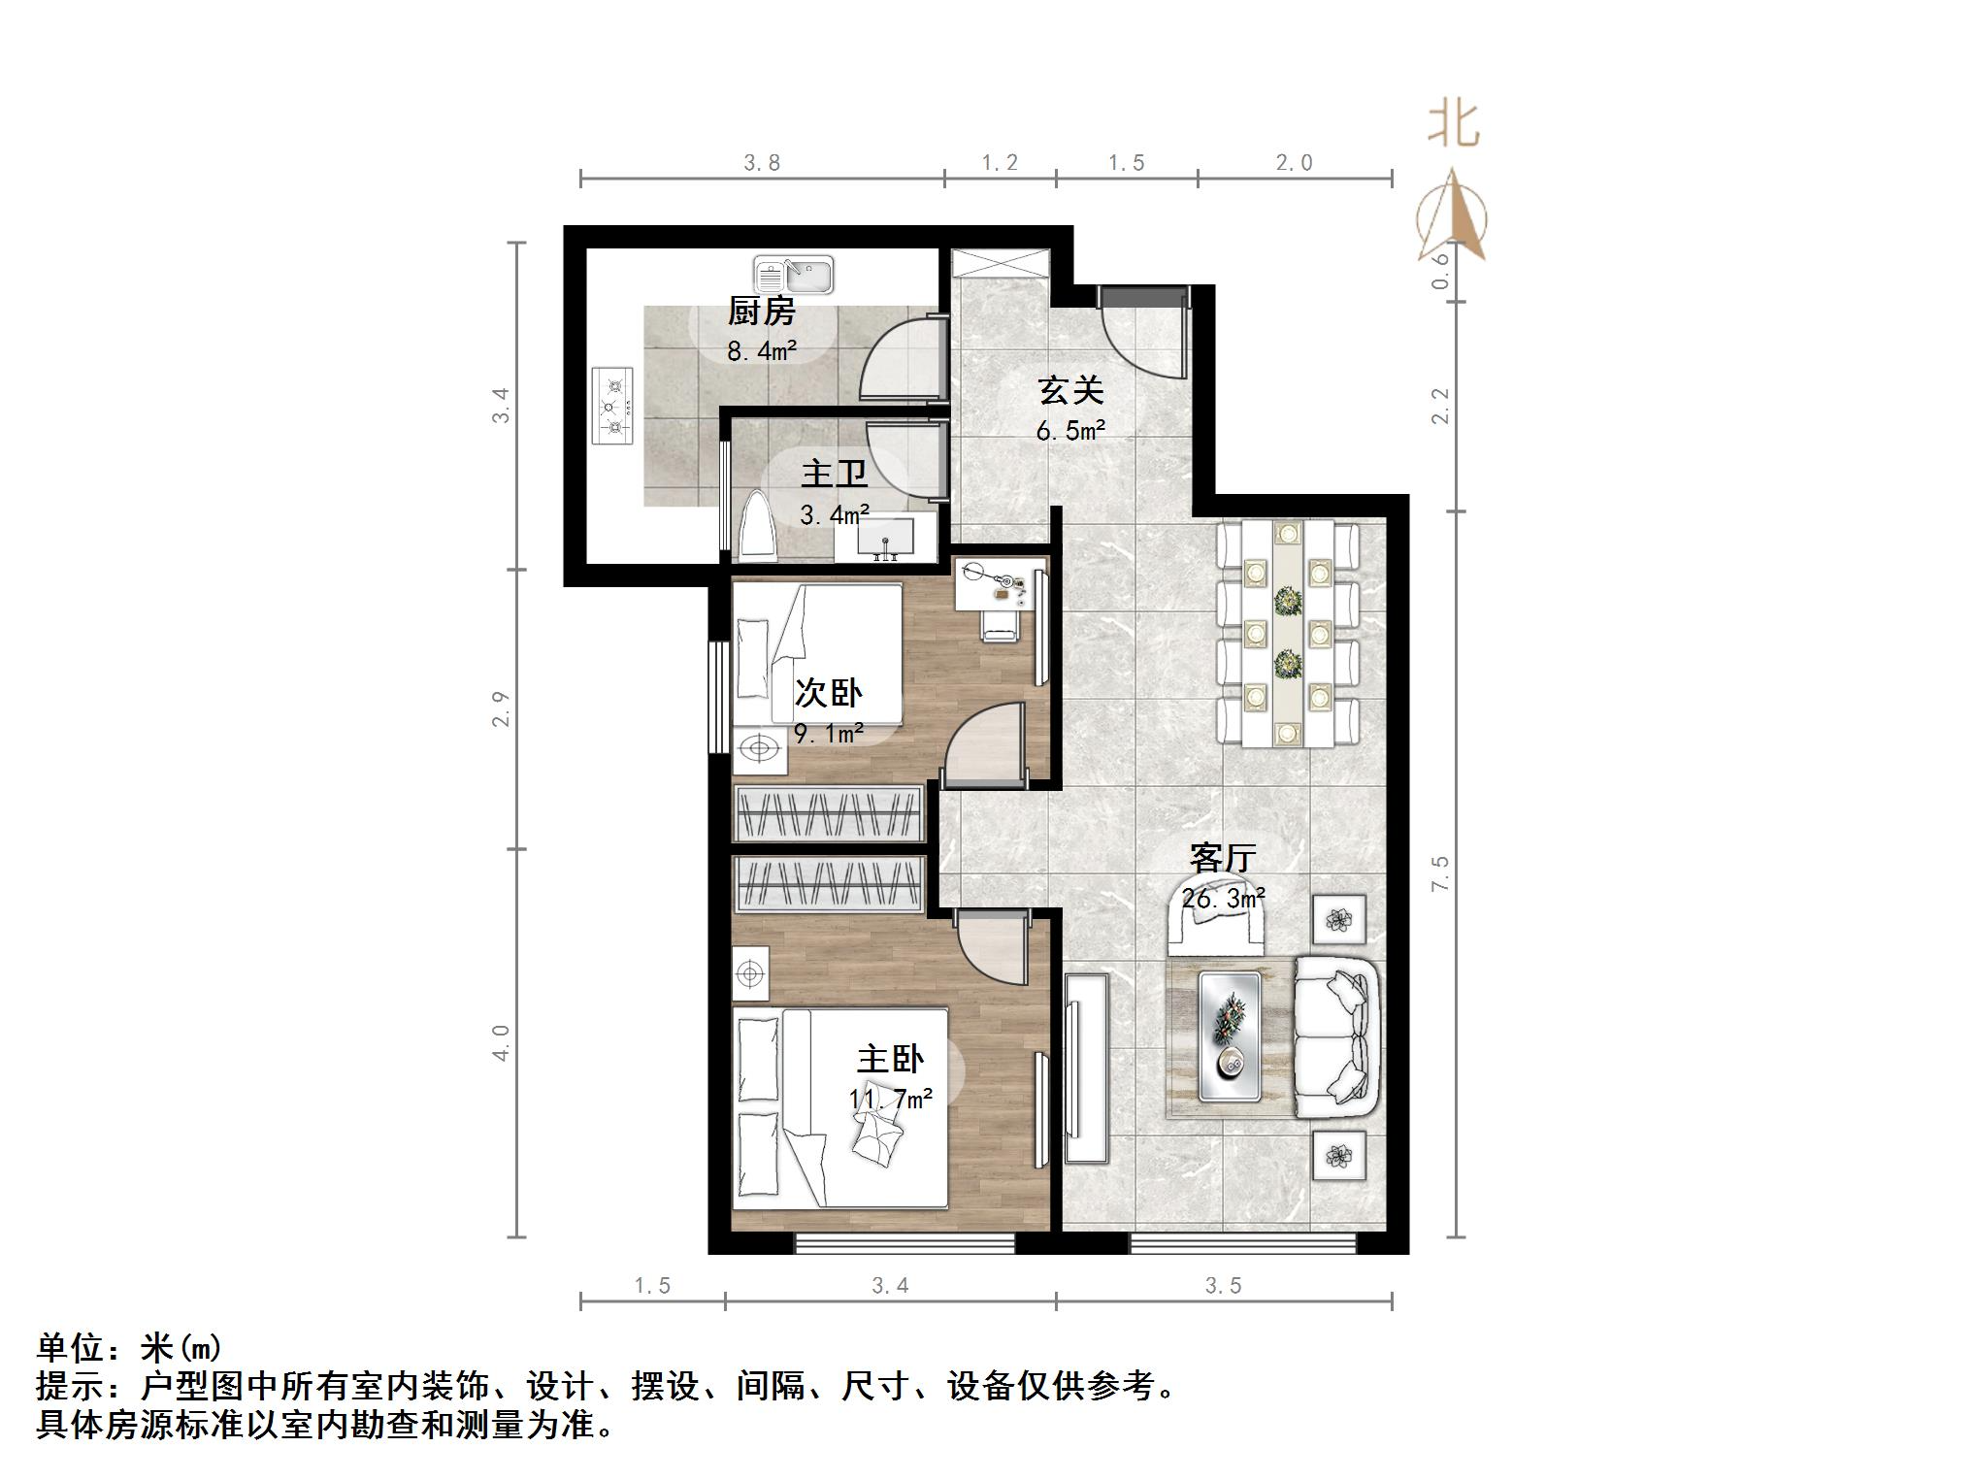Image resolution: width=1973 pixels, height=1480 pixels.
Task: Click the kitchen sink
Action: tap(793, 275)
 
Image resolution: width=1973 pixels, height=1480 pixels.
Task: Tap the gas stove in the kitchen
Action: tap(612, 405)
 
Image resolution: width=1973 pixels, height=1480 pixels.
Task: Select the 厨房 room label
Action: tap(762, 312)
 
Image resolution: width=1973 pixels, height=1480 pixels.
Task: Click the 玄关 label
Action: tap(1070, 391)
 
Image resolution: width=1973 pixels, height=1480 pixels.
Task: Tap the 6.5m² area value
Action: tap(1070, 430)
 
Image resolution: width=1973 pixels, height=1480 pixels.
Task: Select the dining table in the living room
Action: tap(1288, 634)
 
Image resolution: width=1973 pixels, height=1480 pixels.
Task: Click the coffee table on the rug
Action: tap(1230, 1036)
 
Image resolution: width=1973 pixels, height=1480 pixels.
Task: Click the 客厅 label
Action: tap(1223, 858)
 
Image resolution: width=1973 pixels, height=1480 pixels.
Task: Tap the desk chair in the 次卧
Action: tap(1000, 625)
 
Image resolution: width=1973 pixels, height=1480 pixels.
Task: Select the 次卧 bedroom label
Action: tap(828, 693)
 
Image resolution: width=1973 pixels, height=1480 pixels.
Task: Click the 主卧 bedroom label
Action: tap(890, 1059)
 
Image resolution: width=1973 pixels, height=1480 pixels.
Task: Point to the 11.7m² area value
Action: tap(891, 1099)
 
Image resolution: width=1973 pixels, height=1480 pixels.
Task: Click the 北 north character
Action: tap(1453, 125)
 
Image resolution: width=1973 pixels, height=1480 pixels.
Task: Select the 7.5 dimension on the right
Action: tap(1439, 872)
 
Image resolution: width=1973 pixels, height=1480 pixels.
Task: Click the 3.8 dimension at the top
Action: tap(762, 163)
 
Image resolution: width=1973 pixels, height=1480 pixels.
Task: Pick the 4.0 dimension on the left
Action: tap(501, 1042)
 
